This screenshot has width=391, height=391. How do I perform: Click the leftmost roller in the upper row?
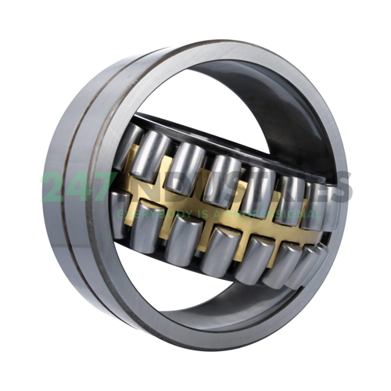click(127, 149)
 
